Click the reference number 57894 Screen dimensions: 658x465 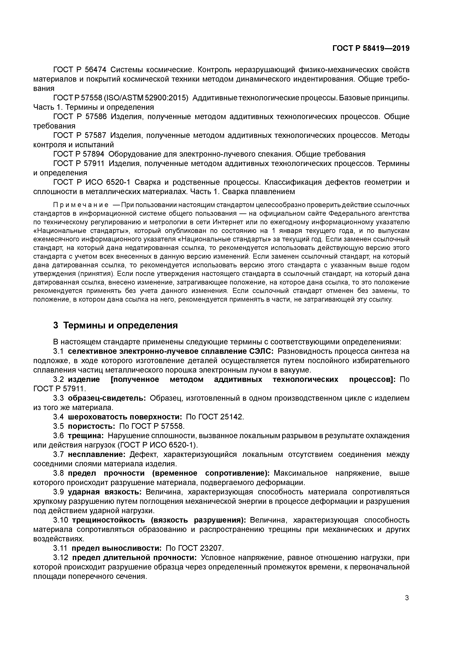click(94, 154)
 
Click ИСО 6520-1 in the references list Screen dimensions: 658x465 click(110, 182)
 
